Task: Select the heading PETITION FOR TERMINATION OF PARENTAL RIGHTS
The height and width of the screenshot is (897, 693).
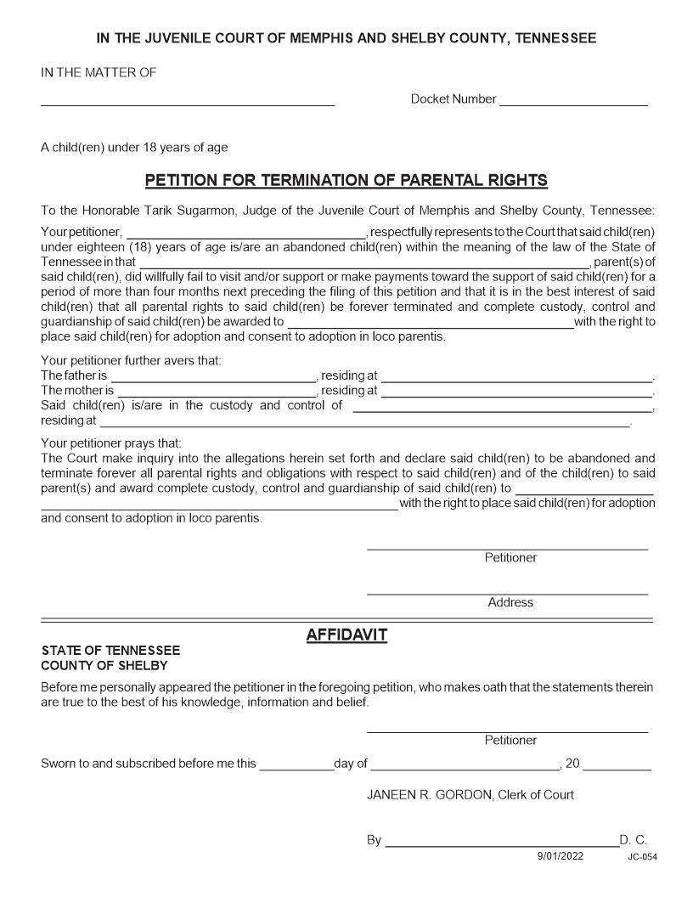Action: coord(346,180)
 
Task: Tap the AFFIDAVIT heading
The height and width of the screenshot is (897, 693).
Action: coord(346,635)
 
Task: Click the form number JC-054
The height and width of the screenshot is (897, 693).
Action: coord(642,857)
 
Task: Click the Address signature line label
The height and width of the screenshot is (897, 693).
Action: coord(510,602)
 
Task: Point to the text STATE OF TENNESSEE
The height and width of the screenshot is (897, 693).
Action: coord(110,651)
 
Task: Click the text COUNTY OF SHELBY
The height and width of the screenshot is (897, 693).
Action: coord(104,665)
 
